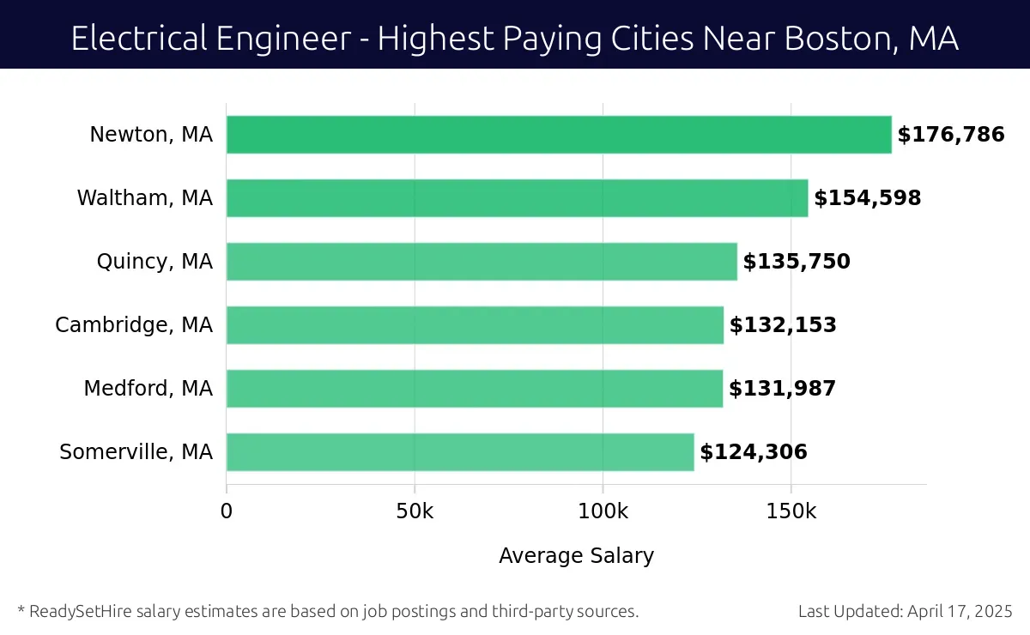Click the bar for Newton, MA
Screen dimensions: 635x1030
(558, 135)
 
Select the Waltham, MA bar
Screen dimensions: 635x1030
(517, 198)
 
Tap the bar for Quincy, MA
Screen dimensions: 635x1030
(482, 262)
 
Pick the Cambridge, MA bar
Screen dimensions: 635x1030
(475, 325)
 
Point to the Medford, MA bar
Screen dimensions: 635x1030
(474, 389)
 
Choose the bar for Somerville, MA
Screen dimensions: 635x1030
(460, 452)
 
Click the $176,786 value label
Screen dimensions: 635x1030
(951, 135)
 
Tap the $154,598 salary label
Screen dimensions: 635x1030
(868, 198)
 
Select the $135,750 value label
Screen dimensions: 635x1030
(797, 262)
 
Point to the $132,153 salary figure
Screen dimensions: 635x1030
(783, 325)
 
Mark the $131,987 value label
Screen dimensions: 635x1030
(782, 389)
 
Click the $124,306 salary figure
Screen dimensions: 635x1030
(754, 452)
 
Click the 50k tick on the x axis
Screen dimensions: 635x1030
(415, 511)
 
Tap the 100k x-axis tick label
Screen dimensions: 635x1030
(603, 511)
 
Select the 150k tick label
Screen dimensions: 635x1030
(791, 511)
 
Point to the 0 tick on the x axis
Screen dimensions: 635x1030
(227, 511)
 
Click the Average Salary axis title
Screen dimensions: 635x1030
(576, 556)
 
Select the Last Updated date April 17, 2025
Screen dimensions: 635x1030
(959, 612)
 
